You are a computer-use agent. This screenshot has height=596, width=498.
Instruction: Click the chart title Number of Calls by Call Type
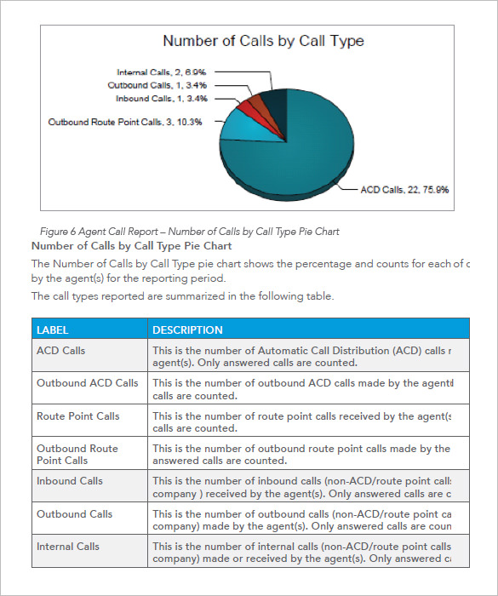pyautogui.click(x=263, y=41)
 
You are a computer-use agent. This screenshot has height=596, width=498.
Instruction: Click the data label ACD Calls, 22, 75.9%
pyautogui.click(x=404, y=189)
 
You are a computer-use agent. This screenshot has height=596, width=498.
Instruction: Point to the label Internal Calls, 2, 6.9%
pyautogui.click(x=161, y=73)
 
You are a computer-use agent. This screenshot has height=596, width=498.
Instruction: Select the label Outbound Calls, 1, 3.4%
pyautogui.click(x=157, y=86)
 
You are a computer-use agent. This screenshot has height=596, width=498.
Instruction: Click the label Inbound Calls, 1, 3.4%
pyautogui.click(x=161, y=99)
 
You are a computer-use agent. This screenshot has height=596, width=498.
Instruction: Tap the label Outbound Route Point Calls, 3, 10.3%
pyautogui.click(x=125, y=123)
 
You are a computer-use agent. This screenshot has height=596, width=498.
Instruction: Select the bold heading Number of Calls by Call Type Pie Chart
pyautogui.click(x=131, y=246)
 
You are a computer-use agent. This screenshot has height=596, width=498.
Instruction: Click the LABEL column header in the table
pyautogui.click(x=53, y=330)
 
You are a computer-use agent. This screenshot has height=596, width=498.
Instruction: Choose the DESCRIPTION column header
pyautogui.click(x=187, y=330)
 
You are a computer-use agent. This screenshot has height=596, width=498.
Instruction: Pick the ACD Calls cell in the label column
pyautogui.click(x=61, y=351)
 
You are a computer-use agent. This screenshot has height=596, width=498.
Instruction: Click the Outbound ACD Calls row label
pyautogui.click(x=87, y=383)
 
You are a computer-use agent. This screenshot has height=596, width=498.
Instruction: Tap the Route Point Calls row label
pyautogui.click(x=77, y=416)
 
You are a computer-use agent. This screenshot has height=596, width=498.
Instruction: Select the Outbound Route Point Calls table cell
pyautogui.click(x=77, y=454)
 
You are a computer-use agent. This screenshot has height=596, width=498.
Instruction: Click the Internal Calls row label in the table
pyautogui.click(x=67, y=547)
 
